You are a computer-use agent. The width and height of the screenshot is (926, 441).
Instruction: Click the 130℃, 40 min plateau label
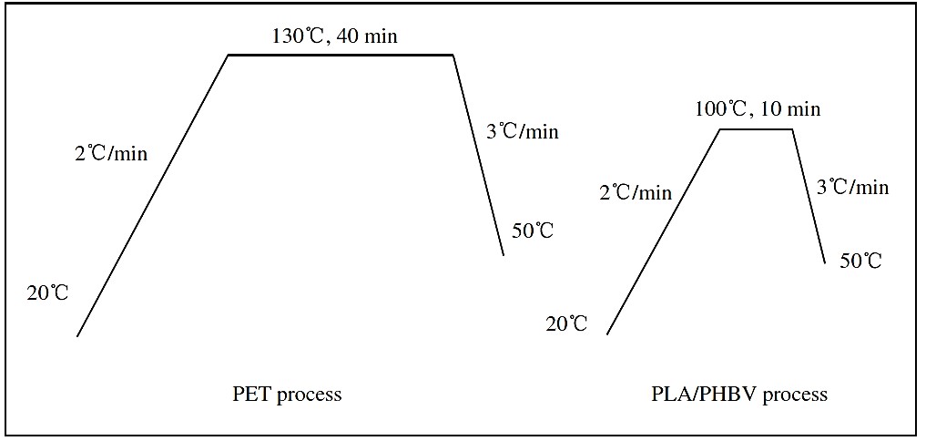[x=335, y=37]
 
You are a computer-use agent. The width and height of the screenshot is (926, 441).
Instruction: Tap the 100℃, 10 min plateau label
[x=758, y=110]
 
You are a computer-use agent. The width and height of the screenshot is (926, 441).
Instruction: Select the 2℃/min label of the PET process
[x=111, y=153]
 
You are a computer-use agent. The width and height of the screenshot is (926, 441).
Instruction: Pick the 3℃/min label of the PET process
[x=522, y=131]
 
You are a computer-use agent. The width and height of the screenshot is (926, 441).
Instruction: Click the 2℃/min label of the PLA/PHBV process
[x=636, y=192]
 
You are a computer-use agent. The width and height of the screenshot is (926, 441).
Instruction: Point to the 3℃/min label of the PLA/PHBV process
[x=852, y=188]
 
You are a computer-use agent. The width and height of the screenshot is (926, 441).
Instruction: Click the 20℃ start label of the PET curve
[x=47, y=292]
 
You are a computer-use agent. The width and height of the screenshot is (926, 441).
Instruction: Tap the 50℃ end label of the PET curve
[x=533, y=231]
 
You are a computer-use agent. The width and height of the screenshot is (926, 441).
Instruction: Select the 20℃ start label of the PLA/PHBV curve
[x=566, y=323]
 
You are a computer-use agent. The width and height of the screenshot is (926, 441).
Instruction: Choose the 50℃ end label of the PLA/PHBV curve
[x=860, y=261]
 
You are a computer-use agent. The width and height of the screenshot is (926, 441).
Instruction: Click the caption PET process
[x=287, y=395]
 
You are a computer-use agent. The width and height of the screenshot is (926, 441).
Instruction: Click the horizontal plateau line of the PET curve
[x=340, y=55]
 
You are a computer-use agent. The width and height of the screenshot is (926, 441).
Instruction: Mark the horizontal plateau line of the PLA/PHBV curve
[x=756, y=129]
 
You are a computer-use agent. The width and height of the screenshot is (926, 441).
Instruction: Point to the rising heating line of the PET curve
[x=152, y=195]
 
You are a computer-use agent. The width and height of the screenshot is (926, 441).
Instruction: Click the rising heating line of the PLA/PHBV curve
[x=664, y=232]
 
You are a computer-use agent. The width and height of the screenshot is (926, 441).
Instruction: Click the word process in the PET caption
[x=312, y=395]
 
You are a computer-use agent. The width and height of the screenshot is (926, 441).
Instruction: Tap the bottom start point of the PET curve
[x=77, y=336]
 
